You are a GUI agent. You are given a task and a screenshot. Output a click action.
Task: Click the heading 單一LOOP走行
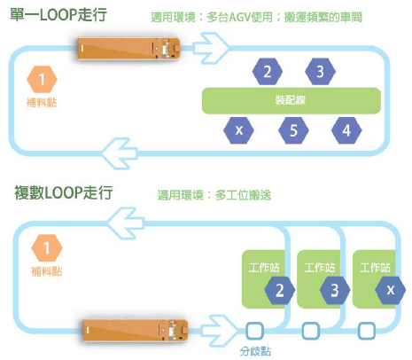[58, 15]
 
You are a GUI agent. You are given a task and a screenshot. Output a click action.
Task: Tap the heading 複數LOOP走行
[63, 192]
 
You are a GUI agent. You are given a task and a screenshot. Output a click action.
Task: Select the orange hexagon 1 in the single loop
[42, 80]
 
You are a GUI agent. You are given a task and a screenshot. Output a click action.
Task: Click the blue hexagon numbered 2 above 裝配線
[268, 72]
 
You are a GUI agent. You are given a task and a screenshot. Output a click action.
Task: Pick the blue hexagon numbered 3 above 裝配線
[320, 72]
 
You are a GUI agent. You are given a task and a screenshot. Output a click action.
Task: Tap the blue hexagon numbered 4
[346, 130]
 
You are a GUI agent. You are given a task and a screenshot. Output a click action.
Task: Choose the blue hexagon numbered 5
[293, 130]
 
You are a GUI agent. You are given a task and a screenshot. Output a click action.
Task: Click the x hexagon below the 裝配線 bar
[238, 130]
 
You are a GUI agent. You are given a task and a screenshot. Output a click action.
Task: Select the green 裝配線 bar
[292, 101]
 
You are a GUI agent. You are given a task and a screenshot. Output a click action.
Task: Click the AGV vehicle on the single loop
[129, 49]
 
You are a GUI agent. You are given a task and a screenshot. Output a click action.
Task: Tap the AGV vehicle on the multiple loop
[136, 330]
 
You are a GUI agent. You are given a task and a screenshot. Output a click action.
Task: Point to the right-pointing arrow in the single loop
[210, 48]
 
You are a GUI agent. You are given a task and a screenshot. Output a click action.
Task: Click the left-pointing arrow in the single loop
[120, 153]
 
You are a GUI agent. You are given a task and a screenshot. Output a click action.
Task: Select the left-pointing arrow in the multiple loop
[126, 223]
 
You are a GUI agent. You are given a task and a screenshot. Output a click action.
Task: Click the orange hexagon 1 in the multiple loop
[47, 248]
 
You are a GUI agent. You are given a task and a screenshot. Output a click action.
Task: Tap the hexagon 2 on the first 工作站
[280, 290]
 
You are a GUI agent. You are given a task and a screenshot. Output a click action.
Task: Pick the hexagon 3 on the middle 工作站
[335, 290]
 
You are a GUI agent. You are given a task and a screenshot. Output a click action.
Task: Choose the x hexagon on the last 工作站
[391, 290]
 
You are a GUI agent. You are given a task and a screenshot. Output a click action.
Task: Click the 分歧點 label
[255, 351]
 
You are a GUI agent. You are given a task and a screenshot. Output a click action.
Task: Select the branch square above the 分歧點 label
[254, 331]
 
